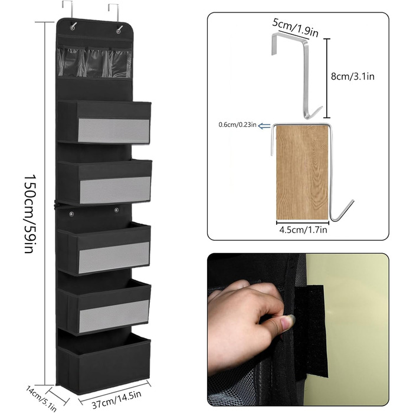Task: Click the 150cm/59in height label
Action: [29, 214]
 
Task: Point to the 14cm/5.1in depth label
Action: [41, 398]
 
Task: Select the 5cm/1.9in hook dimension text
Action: [295, 28]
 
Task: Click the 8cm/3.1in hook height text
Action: [353, 76]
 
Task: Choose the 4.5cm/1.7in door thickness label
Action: [303, 230]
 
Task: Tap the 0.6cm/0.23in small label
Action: [237, 124]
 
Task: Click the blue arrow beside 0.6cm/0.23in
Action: [264, 126]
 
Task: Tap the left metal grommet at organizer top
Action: [73, 27]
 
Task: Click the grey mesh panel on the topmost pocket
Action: [114, 130]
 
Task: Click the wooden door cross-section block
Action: [302, 172]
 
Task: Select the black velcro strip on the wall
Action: [311, 332]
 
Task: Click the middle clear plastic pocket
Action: [97, 63]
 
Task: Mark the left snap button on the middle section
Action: [71, 213]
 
